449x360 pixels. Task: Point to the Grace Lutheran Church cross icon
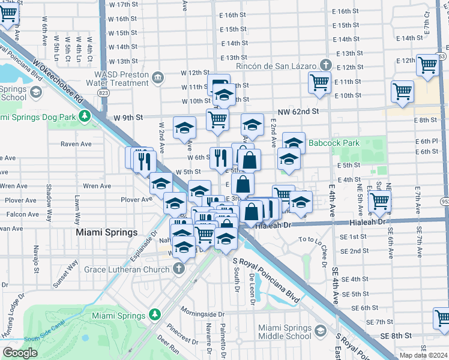coord(178,269)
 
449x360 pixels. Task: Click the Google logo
coord(20,353)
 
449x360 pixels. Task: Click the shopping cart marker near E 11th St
coord(320,82)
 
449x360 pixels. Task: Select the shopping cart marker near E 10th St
coord(402,91)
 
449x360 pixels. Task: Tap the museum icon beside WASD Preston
coord(158,77)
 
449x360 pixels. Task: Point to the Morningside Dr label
coord(203,314)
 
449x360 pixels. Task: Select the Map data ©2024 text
coord(424,355)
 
